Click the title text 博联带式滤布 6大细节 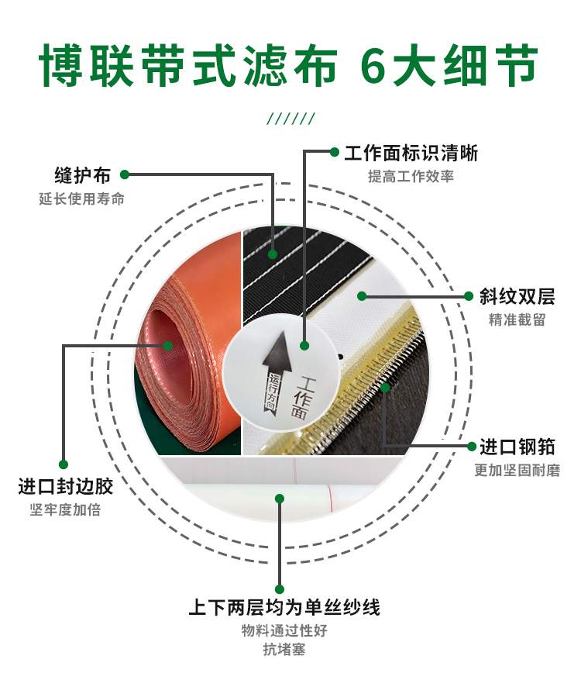[289, 65]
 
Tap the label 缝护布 [82, 175]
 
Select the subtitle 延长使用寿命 [82, 198]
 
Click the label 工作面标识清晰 [411, 153]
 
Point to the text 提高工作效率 [411, 176]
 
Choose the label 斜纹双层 [517, 297]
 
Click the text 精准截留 [517, 319]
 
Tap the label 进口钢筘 [517, 447]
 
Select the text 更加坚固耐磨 [517, 470]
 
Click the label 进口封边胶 [65, 486]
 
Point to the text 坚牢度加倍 [65, 509]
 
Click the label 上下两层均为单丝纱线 [284, 607]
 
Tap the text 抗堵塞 [284, 649]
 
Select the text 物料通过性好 [284, 630]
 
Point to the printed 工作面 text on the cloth [302, 398]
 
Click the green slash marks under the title [290, 119]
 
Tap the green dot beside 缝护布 [125, 174]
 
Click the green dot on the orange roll [168, 346]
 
